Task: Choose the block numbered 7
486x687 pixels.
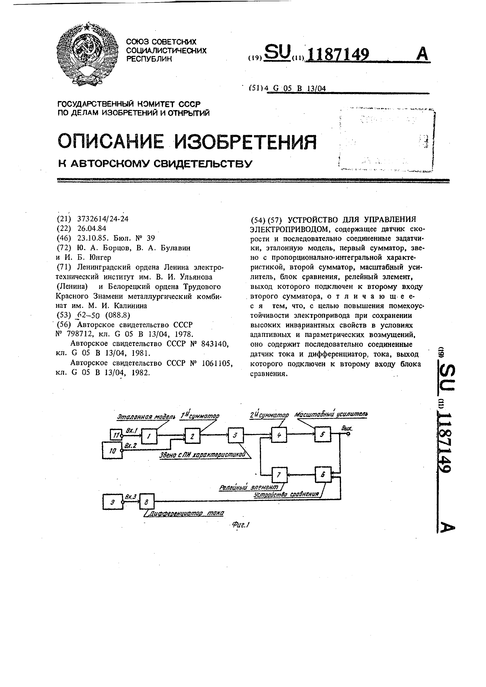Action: point(279,475)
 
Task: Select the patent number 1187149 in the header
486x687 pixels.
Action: point(338,55)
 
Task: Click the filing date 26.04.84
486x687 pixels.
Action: point(92,229)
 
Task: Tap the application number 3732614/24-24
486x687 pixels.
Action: point(103,219)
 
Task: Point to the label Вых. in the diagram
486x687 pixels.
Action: point(346,428)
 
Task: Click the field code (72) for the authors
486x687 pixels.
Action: point(64,248)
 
